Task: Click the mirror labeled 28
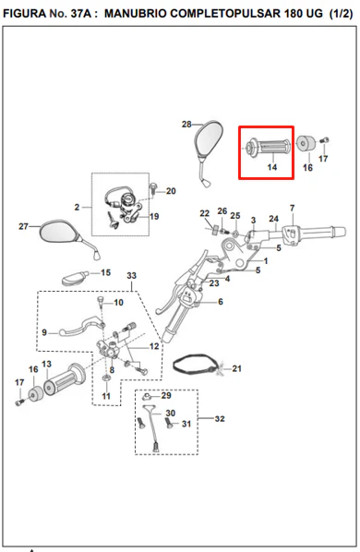pyautogui.click(x=209, y=141)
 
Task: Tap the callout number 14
pyautogui.click(x=272, y=167)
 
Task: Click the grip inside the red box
pyautogui.click(x=268, y=147)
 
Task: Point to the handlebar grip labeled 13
pyautogui.click(x=65, y=378)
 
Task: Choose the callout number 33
pyautogui.click(x=131, y=275)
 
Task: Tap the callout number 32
pyautogui.click(x=220, y=418)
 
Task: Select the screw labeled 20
pyautogui.click(x=154, y=188)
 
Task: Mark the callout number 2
pyautogui.click(x=77, y=207)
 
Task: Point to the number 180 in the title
pyautogui.click(x=292, y=14)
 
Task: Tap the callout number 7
pyautogui.click(x=292, y=208)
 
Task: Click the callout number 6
pyautogui.click(x=221, y=302)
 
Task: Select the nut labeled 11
pyautogui.click(x=106, y=378)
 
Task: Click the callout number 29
pyautogui.click(x=166, y=395)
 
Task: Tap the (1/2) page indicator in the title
pyautogui.click(x=341, y=14)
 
